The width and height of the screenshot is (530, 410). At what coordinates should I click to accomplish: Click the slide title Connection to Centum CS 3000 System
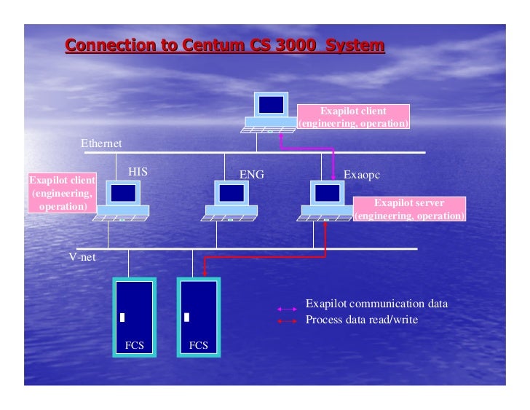pos(225,46)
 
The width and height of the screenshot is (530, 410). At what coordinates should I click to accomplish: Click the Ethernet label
pos(101,143)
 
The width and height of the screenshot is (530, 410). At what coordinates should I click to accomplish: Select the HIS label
pos(138,172)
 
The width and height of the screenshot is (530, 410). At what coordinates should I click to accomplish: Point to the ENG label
pos(252,175)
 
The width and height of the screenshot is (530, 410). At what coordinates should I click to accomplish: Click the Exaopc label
pos(362,175)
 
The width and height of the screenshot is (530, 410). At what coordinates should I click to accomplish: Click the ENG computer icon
pos(231,201)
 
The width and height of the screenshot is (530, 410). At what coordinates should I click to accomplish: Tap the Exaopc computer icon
pos(327,201)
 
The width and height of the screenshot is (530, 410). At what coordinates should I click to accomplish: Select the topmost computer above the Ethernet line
pos(270,112)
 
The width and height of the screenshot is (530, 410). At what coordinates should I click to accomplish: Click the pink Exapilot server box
pos(408,210)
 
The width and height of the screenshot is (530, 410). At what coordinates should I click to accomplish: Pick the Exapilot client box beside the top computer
pos(354,117)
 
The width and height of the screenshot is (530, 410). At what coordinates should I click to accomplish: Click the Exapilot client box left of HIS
pos(63,194)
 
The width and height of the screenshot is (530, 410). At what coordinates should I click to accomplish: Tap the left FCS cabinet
pos(134,316)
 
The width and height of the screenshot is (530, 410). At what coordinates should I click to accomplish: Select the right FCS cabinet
pos(198,316)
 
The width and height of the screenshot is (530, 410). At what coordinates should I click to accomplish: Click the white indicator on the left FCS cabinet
pos(123,318)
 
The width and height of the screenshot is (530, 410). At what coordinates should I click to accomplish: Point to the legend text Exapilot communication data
pos(376,304)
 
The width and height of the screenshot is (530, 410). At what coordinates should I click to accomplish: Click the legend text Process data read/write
pos(361,320)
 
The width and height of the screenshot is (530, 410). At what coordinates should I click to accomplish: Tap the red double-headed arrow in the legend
pos(288,321)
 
